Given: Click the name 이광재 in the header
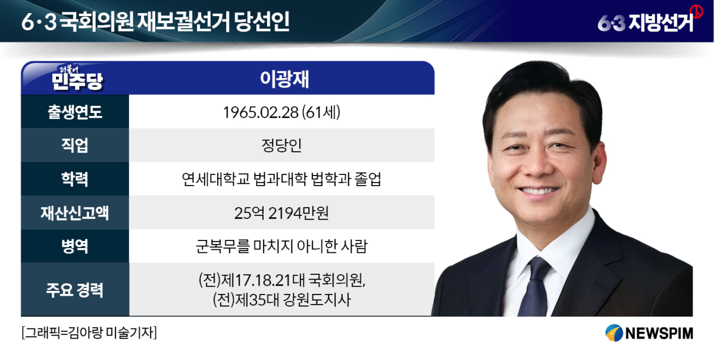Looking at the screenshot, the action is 284,79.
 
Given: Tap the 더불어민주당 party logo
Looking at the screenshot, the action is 77,78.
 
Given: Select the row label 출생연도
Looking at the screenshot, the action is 75,112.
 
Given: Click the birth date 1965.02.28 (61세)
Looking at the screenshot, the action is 282,112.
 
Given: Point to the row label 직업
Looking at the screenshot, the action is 75,145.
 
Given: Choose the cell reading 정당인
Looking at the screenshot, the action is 281,145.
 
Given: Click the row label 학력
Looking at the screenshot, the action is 75,179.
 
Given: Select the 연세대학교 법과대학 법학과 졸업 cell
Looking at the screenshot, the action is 281,179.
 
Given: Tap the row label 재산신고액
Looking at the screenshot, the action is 75,212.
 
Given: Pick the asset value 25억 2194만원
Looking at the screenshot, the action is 281,213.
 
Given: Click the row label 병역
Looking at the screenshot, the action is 75,246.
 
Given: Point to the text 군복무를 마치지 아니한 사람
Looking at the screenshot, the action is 281,246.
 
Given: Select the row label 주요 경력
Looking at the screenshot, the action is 75,290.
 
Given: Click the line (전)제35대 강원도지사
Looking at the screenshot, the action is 282,300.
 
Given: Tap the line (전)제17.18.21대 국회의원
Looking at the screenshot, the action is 282,280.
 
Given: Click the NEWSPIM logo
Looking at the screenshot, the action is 649,333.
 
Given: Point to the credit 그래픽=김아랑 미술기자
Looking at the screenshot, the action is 89,333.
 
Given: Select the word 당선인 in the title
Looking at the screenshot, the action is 262,21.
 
